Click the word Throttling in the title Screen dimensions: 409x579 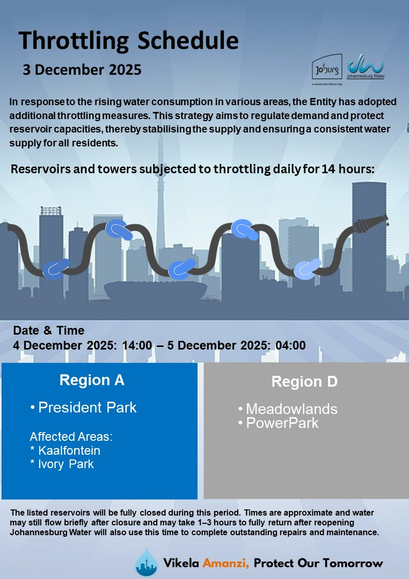click(74, 41)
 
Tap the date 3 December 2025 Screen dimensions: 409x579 click(82, 70)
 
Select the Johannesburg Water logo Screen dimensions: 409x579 click(365, 67)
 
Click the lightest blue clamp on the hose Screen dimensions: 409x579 click(307, 269)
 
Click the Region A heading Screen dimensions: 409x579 click(92, 380)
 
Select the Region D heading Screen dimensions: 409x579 click(304, 382)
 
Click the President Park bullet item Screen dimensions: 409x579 click(84, 407)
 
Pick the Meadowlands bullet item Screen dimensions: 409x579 click(288, 409)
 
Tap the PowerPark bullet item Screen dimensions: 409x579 click(278, 423)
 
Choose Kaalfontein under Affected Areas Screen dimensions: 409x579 click(66, 451)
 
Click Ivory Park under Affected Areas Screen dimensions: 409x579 click(62, 464)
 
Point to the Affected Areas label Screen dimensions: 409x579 click(71, 437)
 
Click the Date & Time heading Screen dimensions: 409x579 click(49, 330)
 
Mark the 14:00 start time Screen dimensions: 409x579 click(137, 345)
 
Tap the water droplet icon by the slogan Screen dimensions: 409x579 click(146, 561)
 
